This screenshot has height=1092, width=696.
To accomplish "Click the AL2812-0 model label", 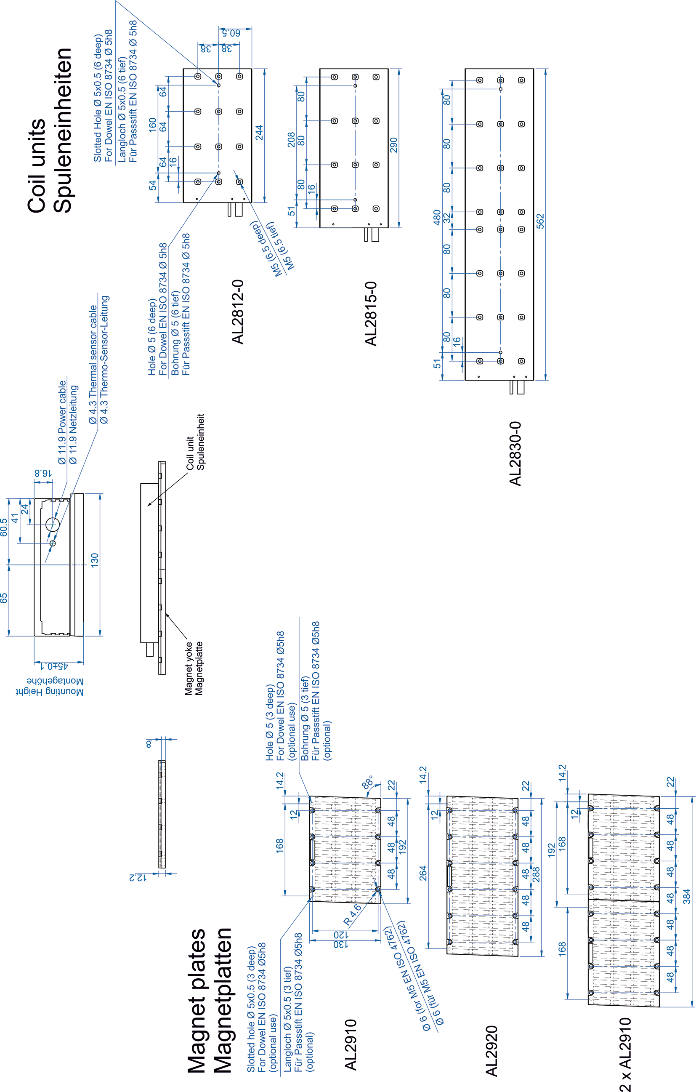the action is [x=238, y=312].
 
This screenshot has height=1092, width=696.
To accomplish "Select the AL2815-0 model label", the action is [x=371, y=314].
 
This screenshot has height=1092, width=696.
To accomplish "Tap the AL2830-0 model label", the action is [x=515, y=453].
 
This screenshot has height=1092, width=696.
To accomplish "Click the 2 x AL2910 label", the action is [x=625, y=1054].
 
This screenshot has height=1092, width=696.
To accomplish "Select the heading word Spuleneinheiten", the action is [x=62, y=130].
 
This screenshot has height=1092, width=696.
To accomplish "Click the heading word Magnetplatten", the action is [x=222, y=1000].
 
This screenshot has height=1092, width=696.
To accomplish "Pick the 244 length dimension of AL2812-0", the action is [x=259, y=133].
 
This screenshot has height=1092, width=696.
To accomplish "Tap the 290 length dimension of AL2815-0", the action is [x=393, y=145].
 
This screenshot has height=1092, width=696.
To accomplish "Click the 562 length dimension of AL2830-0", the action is [x=540, y=221].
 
